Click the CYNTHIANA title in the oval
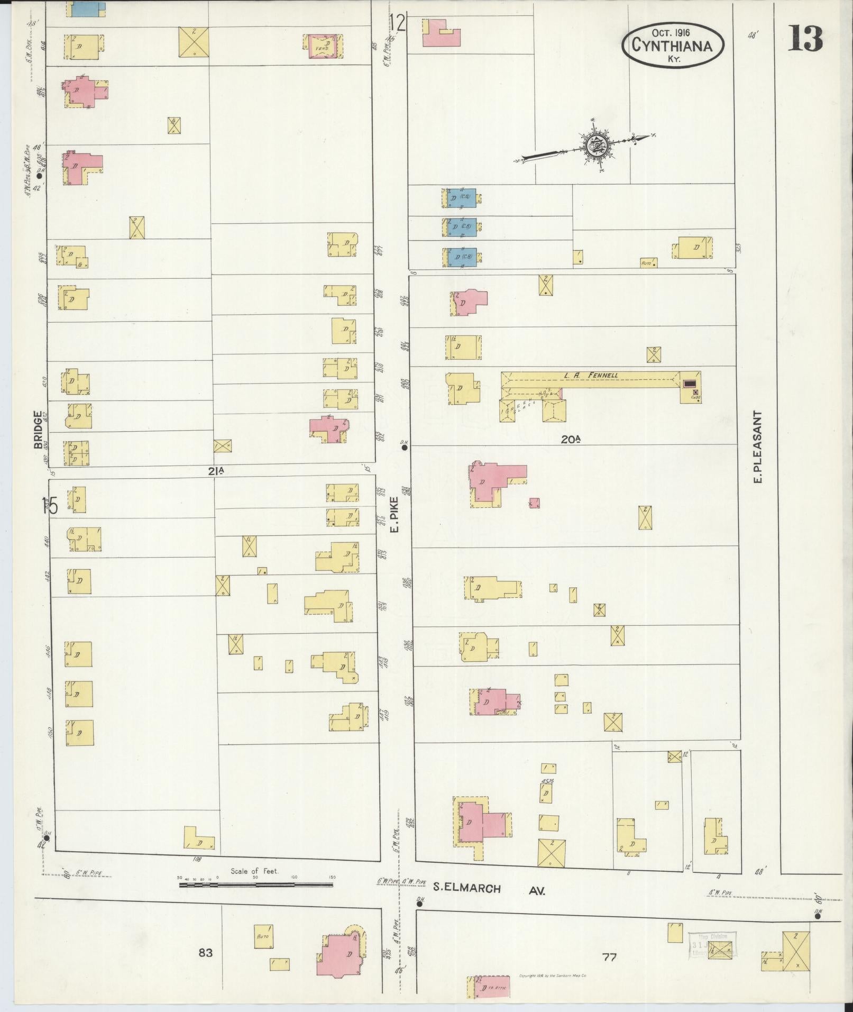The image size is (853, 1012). tap(671, 45)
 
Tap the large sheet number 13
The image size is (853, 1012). tap(805, 38)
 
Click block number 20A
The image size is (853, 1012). tap(572, 438)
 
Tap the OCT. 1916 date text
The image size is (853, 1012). tap(671, 32)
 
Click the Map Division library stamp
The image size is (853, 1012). tap(713, 944)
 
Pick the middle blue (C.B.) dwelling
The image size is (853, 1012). tap(461, 226)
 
